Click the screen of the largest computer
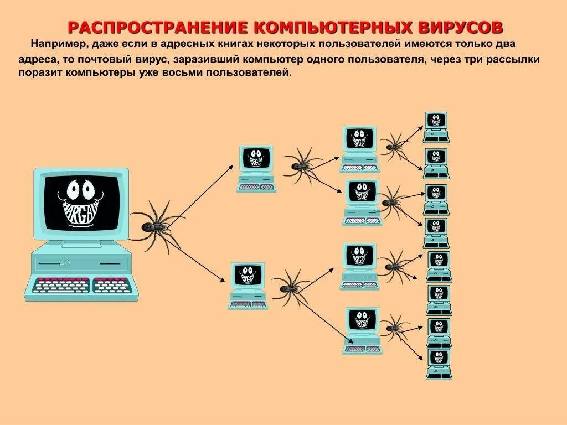click(x=81, y=203)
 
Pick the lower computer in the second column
click(x=248, y=286)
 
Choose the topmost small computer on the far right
click(x=436, y=127)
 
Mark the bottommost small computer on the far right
click(x=439, y=364)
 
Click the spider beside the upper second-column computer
click(x=302, y=164)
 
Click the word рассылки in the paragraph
click(x=514, y=58)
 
